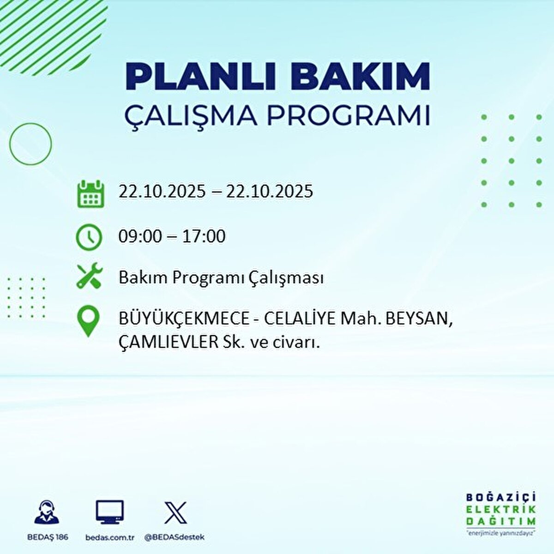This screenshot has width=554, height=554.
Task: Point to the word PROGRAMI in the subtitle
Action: [348, 116]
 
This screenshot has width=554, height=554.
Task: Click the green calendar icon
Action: [90, 194]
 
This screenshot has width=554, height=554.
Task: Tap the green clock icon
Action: [89, 237]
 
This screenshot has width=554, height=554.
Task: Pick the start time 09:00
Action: [140, 236]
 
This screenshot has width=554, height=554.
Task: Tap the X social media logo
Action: [175, 513]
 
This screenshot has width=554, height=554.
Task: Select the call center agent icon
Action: [47, 512]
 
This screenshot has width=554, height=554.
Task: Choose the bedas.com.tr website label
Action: [110, 537]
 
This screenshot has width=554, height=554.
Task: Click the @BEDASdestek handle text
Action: [175, 537]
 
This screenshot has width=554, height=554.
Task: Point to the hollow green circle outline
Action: [30, 144]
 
